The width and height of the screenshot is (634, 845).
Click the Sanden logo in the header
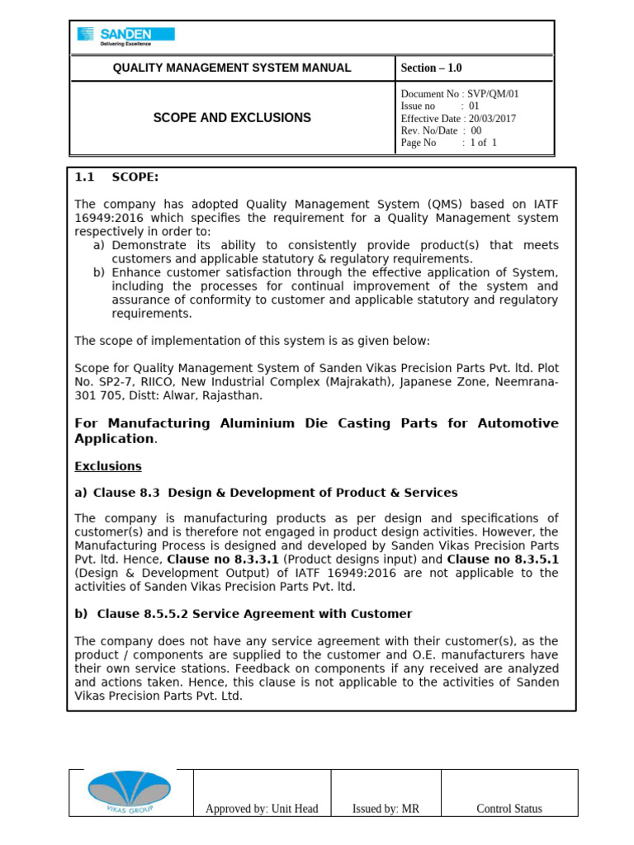point(125,36)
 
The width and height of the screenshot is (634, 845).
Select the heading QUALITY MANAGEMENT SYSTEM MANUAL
point(232,68)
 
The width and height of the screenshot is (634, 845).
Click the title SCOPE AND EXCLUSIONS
point(232,118)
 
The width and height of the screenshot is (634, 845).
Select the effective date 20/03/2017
point(490,118)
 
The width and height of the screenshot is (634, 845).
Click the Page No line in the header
point(448,143)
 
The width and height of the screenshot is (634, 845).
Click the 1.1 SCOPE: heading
point(116,177)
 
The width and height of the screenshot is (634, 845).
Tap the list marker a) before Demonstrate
point(98,246)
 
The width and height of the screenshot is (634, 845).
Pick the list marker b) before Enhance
point(98,273)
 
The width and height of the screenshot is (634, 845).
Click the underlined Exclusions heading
point(108,466)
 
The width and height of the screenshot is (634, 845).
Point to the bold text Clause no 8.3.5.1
point(503,559)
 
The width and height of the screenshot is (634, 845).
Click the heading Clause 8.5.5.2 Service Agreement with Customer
point(254,614)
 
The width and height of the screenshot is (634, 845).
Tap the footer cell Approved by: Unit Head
point(262,809)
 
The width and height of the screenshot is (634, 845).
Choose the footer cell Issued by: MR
point(386,809)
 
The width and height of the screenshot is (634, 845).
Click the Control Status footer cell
point(509,809)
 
